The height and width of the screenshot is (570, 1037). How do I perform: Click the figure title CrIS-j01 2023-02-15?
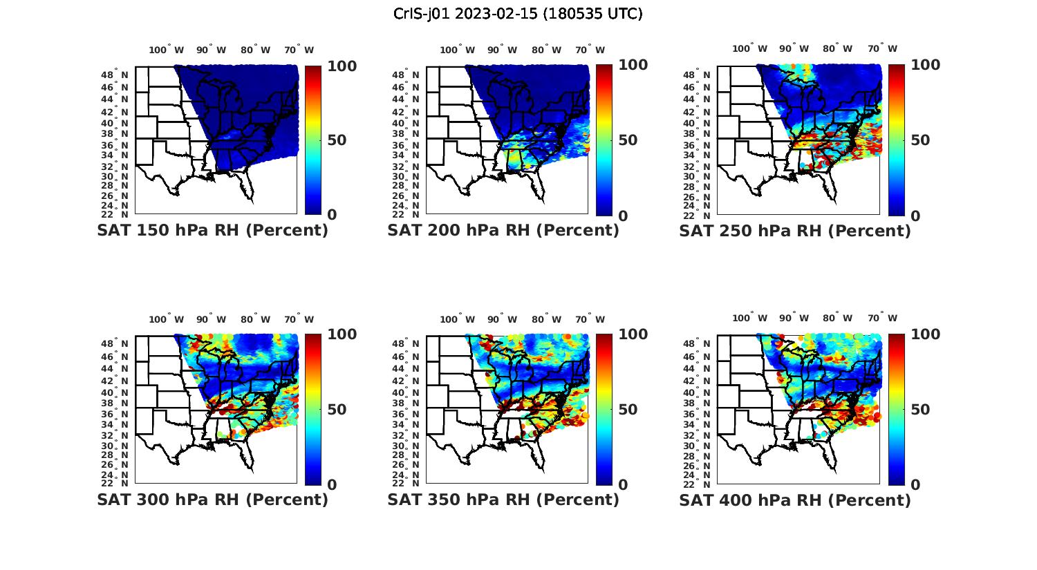point(518,14)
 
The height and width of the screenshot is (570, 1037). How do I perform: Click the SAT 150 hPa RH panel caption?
point(212,231)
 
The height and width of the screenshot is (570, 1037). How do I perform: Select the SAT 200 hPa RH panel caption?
point(503,231)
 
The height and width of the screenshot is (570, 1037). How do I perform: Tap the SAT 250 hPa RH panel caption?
point(795,231)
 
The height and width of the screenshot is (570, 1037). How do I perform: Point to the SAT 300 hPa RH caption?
point(212,500)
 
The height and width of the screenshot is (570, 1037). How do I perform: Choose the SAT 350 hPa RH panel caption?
point(503,500)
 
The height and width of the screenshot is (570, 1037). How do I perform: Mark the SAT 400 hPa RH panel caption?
point(795,500)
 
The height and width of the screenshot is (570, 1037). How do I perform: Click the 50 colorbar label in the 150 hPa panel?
point(337,140)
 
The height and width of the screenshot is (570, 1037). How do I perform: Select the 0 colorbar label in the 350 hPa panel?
point(622,485)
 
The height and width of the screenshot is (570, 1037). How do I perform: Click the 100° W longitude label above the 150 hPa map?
point(167,50)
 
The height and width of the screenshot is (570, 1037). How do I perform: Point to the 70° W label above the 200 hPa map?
point(590,50)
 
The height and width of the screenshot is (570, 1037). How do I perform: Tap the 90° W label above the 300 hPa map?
point(211,319)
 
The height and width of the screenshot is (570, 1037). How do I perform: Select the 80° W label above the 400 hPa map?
point(837,318)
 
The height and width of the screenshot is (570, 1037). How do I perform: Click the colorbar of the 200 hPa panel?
point(604,140)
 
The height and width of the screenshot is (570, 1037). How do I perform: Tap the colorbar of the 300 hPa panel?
point(313,409)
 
